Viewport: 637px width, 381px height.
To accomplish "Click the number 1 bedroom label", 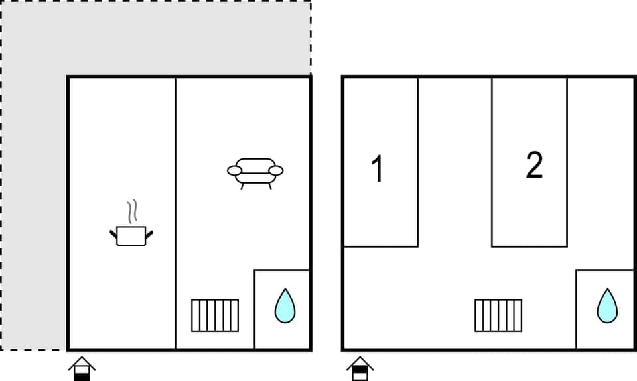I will pos(378,169).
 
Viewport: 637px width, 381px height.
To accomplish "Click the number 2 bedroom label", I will pos(534,166).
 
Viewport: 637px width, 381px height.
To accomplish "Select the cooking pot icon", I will pos(131,235).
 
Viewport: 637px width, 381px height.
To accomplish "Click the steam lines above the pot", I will pos(133,211).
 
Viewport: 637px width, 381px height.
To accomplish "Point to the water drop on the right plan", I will pos(606,305).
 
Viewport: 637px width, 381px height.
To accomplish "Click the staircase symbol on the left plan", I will pos(215,315).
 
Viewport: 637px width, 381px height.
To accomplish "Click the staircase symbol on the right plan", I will pos(498,315).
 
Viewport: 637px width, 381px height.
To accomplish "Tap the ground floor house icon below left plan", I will pos(82,368).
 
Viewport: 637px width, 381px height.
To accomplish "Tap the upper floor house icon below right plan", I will pos(360,368).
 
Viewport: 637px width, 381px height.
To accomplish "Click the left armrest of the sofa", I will pos(234,171).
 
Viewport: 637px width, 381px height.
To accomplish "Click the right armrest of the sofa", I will pos(276,171).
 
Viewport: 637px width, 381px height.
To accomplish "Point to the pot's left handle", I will pos(113,233).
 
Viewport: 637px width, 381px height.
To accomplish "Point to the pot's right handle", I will pos(149,233).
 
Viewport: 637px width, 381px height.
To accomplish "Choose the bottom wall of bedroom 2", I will pos(530,246).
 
